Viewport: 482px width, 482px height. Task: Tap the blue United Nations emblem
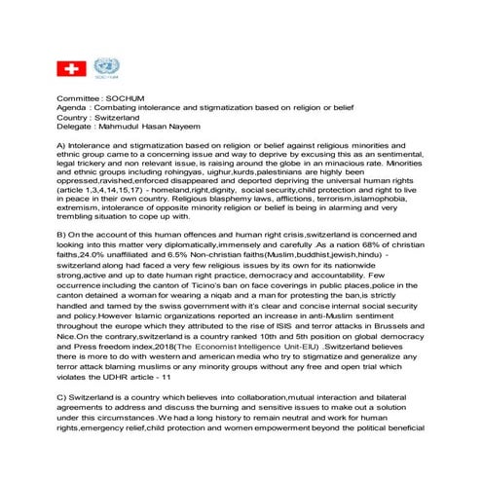coord(105,67)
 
